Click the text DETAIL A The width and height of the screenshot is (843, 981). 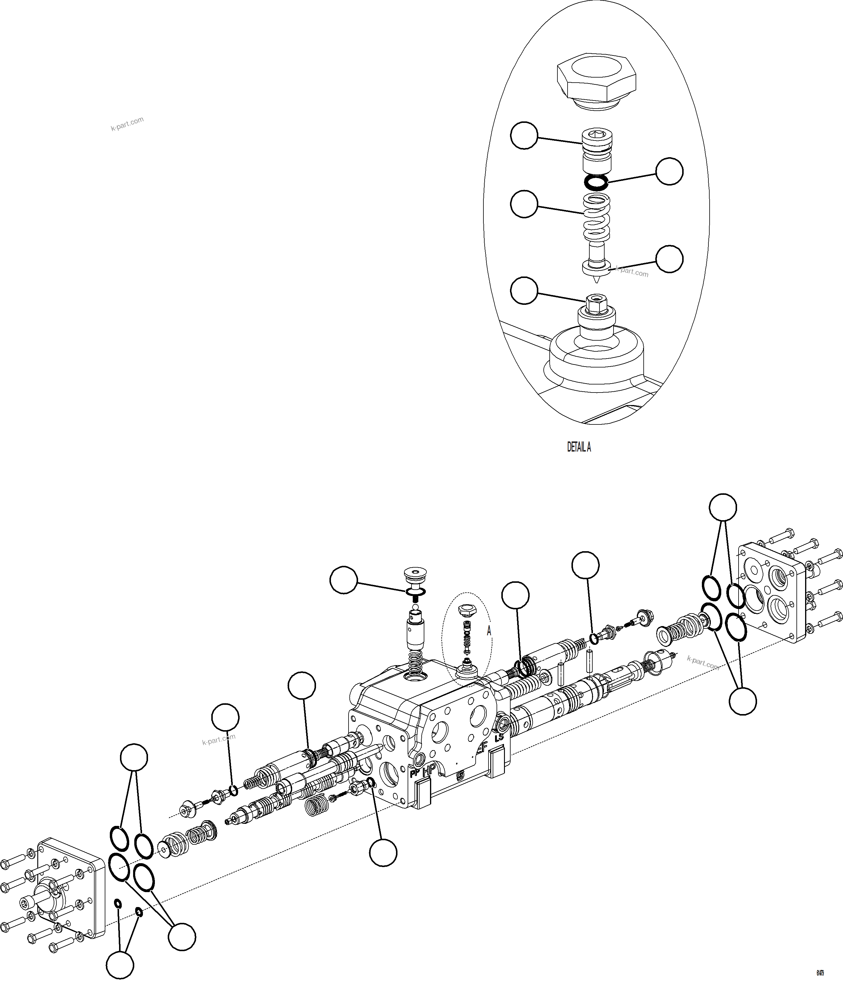click(x=579, y=447)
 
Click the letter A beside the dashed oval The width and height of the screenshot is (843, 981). click(x=489, y=631)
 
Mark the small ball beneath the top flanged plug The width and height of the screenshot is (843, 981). click(x=415, y=608)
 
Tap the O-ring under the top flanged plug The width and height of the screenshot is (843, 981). click(x=416, y=591)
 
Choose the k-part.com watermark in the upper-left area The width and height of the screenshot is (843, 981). click(x=127, y=124)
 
